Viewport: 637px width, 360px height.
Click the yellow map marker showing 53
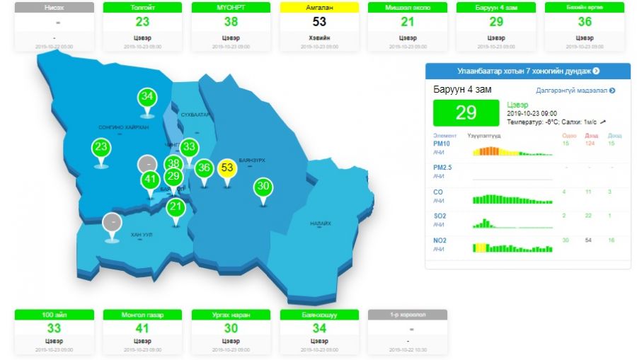226,168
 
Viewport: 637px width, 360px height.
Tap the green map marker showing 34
147,96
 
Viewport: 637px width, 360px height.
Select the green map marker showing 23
101,148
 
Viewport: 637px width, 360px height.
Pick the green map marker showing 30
263,187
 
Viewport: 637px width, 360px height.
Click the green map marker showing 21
176,207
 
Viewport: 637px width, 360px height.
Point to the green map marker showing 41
149,180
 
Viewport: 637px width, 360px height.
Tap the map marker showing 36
205,168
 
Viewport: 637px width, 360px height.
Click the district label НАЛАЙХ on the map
320,223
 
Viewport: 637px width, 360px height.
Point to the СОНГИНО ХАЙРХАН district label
123,127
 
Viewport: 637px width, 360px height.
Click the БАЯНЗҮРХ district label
251,161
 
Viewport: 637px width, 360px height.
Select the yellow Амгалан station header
319,8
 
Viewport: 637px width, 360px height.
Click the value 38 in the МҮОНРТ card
231,22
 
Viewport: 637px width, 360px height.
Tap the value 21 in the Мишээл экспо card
408,22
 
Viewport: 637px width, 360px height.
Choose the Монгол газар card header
142,314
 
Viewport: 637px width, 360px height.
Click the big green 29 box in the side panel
466,113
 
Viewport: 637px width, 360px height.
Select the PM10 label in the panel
442,144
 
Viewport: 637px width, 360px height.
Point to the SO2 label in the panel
440,215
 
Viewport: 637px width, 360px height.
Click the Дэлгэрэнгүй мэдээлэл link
575,91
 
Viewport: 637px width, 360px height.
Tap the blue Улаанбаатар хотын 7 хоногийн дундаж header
527,71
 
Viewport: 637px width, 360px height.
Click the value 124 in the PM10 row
589,144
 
